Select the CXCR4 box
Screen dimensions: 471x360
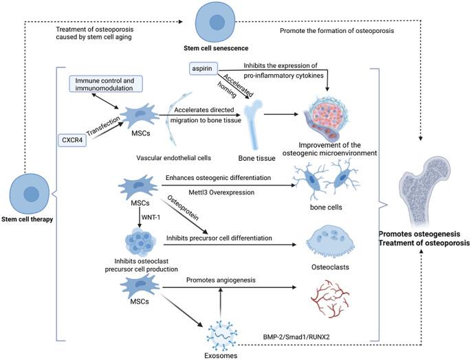tap(72, 140)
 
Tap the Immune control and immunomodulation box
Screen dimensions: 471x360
tap(106, 84)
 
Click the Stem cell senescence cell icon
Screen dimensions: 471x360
tap(215, 22)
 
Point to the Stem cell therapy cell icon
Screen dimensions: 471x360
tap(30, 193)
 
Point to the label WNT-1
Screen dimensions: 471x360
tap(151, 217)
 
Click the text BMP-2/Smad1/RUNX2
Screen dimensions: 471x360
tap(296, 337)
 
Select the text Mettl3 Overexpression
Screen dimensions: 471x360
tap(221, 192)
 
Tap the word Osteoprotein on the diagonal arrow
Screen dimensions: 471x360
tap(183, 208)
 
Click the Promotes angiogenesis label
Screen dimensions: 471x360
tap(221, 280)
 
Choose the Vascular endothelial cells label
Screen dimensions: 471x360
tap(174, 157)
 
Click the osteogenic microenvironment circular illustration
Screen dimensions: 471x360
tap(327, 117)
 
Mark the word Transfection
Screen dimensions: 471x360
tap(103, 126)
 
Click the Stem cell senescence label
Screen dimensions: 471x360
tap(216, 48)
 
